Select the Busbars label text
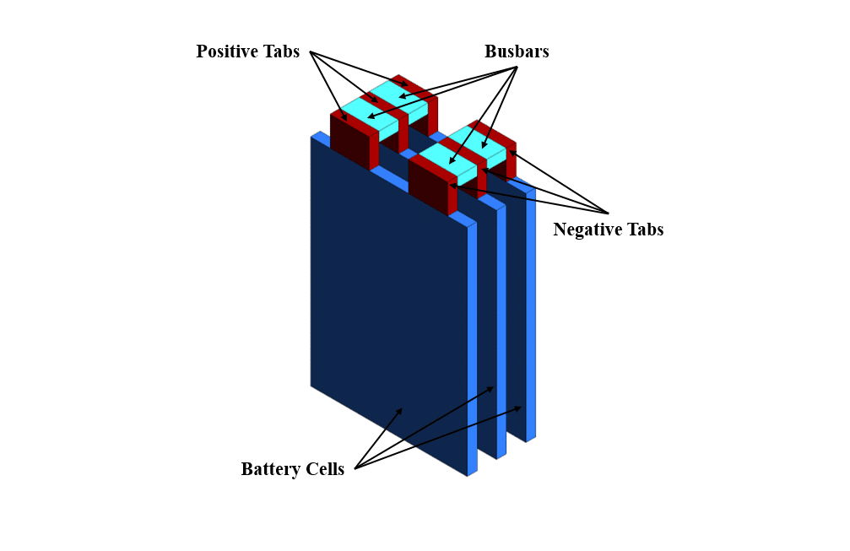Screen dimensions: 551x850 (517, 51)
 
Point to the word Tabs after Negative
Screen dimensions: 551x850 (643, 230)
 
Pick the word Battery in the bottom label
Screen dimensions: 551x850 (269, 470)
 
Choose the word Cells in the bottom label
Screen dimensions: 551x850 (325, 470)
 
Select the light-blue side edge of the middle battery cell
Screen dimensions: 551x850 (501, 329)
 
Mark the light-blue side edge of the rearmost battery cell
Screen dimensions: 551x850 (531, 312)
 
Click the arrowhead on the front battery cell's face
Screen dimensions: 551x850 (399, 411)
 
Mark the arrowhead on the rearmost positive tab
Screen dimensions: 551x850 (406, 84)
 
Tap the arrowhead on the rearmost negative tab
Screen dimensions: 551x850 (510, 152)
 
